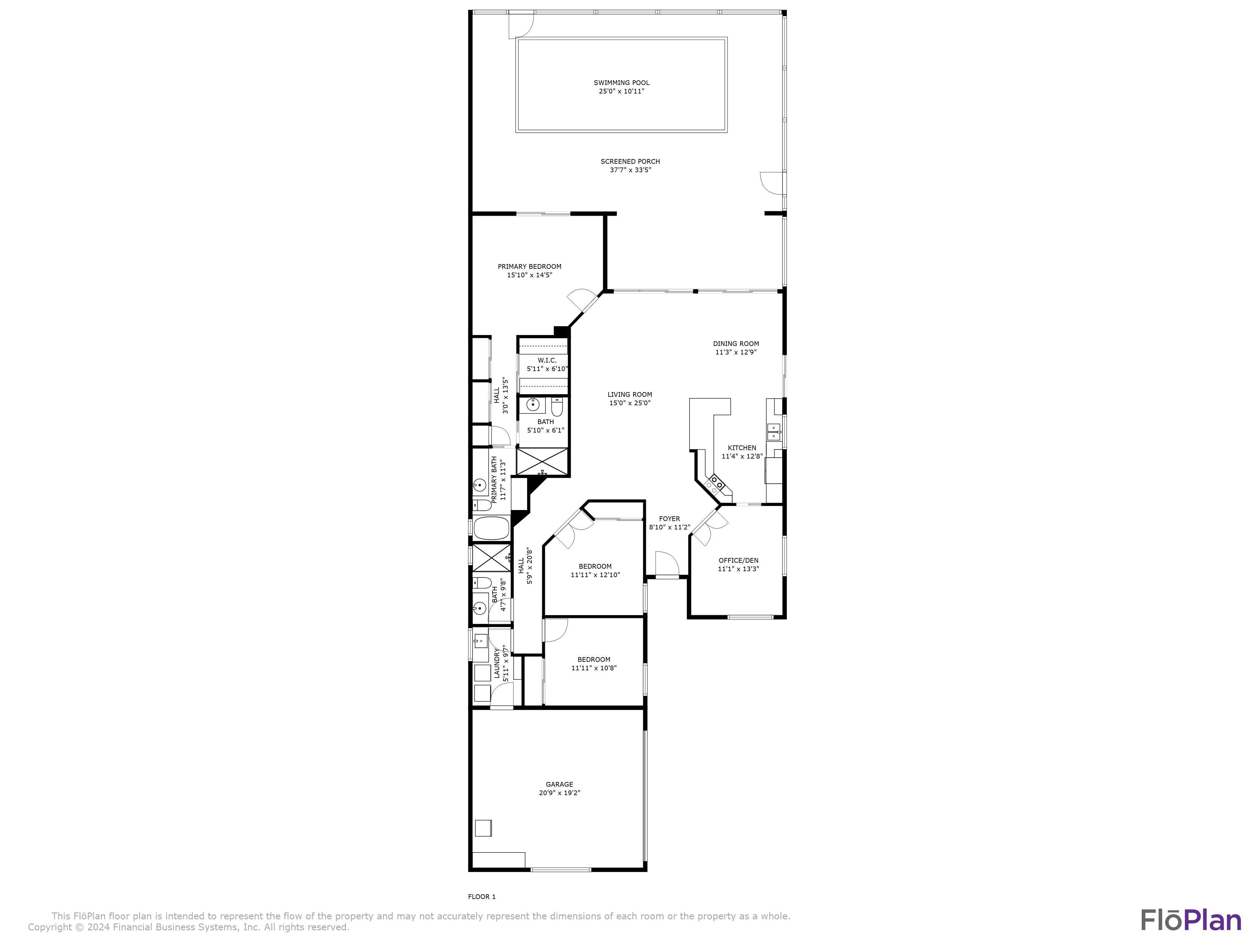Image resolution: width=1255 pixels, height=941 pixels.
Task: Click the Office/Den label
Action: pyautogui.click(x=738, y=561)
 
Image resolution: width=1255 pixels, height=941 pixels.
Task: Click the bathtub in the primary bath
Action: pyautogui.click(x=491, y=528)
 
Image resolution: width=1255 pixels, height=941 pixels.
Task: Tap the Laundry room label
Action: pyautogui.click(x=497, y=662)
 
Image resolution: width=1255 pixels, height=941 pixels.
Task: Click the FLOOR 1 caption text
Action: pyautogui.click(x=482, y=897)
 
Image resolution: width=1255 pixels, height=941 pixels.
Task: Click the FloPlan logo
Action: pyautogui.click(x=1190, y=920)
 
